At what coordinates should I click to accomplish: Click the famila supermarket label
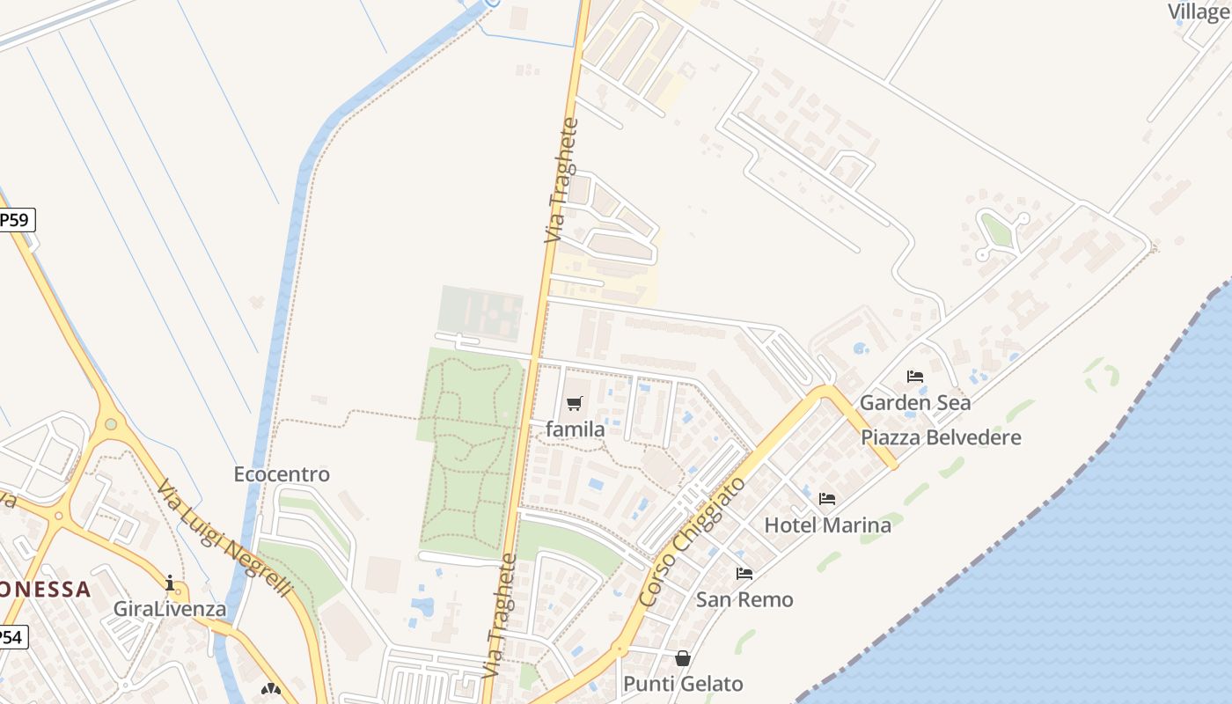click(x=575, y=429)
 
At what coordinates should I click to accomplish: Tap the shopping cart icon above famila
click(x=575, y=404)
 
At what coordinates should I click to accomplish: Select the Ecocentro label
click(x=282, y=474)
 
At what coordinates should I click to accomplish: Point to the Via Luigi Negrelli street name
click(x=224, y=539)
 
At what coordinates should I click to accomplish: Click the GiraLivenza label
click(x=170, y=609)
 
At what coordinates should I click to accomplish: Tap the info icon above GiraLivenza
click(x=170, y=583)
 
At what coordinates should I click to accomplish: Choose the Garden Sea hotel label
click(x=915, y=403)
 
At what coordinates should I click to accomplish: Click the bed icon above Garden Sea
click(x=915, y=377)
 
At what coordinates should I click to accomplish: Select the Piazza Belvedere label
click(x=941, y=437)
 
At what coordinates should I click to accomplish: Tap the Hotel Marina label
click(x=827, y=525)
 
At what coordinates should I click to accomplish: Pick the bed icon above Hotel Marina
click(x=827, y=499)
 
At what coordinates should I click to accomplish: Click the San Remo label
click(x=744, y=600)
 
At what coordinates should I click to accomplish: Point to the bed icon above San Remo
click(x=744, y=574)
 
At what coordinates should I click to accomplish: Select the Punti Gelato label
click(x=683, y=684)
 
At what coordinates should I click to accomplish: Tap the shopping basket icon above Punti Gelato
click(x=683, y=658)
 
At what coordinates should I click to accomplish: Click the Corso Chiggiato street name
click(x=693, y=542)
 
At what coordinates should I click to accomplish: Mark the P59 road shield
click(x=15, y=220)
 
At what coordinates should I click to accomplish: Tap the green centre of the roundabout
click(x=111, y=424)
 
